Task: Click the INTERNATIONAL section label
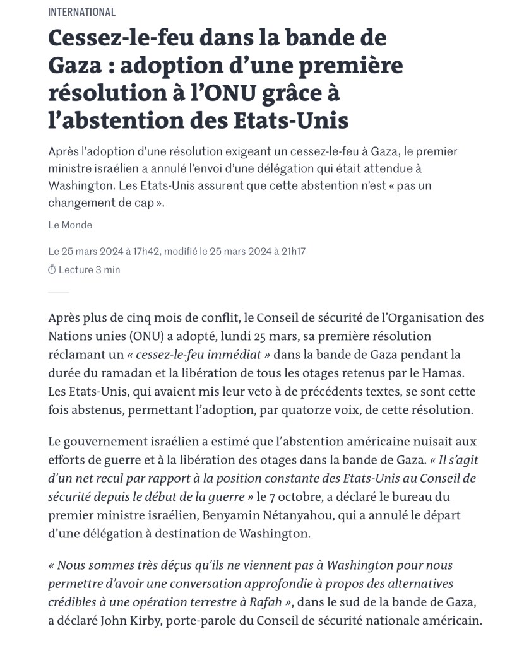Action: point(81,12)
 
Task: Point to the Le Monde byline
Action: point(69,225)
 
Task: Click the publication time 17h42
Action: point(146,251)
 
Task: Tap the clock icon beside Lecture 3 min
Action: point(52,270)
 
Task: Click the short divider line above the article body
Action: point(58,293)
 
